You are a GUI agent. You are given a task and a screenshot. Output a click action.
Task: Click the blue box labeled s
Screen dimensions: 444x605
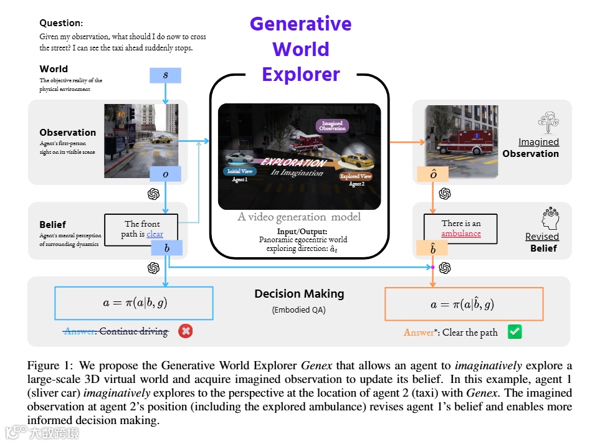(165, 75)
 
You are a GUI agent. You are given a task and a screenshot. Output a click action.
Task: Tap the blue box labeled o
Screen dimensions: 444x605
(165, 174)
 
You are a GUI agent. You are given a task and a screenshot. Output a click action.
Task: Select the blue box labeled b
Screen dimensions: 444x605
(167, 248)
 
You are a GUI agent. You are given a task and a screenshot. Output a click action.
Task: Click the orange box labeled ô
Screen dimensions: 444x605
(433, 174)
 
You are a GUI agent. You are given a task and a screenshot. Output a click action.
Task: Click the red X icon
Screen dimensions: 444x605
(185, 331)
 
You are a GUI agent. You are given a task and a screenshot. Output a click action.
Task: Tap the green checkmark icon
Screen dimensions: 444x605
(514, 331)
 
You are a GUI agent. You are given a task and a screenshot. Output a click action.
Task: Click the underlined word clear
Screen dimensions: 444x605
(155, 234)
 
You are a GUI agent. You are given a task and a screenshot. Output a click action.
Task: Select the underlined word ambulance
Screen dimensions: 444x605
(461, 234)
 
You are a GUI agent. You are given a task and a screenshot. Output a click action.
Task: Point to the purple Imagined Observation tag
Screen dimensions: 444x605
(332, 126)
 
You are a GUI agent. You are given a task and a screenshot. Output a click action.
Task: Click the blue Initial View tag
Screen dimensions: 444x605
(240, 171)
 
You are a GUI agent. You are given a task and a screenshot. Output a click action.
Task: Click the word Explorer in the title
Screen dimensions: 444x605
(301, 74)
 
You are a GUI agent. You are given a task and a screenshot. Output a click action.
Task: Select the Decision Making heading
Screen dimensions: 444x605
(299, 294)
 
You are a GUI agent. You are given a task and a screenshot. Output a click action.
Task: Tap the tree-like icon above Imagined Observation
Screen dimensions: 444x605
(548, 122)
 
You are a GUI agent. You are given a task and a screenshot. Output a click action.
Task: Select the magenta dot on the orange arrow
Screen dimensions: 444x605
(433, 268)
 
